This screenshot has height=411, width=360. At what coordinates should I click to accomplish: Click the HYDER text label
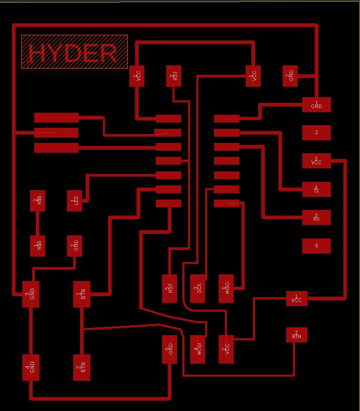click(74, 52)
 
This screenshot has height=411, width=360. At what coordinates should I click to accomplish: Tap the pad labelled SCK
click(198, 289)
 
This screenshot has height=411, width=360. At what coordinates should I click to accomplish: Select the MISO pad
click(226, 289)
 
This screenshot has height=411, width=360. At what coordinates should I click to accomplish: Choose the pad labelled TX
click(316, 189)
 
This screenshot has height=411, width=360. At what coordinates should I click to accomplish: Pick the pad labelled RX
click(316, 217)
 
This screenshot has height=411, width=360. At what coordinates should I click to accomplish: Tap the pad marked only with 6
click(316, 245)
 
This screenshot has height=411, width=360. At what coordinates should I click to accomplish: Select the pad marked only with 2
click(316, 132)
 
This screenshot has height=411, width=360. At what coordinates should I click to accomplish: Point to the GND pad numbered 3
click(31, 294)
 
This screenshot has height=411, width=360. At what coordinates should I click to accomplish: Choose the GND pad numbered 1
click(316, 104)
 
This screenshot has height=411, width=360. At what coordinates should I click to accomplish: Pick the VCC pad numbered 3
click(316, 161)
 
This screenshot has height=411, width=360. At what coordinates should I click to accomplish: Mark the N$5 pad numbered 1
click(38, 246)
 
